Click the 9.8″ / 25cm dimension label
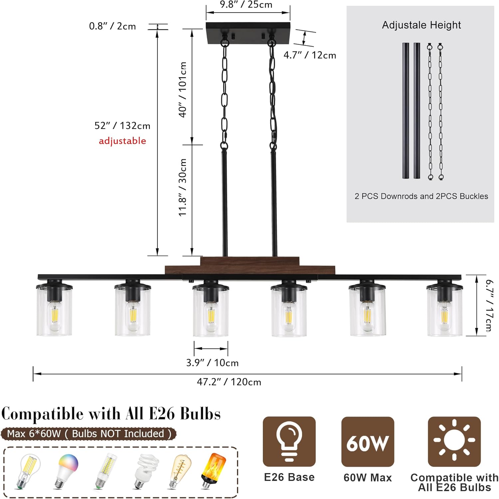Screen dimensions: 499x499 tap(246, 5)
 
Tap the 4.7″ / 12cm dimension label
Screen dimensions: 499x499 tap(310, 55)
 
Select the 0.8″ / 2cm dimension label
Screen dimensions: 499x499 tap(112, 26)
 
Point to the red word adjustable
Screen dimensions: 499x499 tap(122, 141)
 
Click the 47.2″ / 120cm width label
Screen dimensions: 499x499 tap(229, 382)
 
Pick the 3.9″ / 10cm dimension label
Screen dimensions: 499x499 tap(212, 363)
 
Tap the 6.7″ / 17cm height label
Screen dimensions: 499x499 tap(489, 305)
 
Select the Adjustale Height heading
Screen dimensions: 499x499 tap(421, 25)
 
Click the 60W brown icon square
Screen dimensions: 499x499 tap(368, 442)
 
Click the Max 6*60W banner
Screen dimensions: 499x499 tap(88, 434)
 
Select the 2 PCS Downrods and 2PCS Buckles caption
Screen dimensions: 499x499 tap(421, 196)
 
